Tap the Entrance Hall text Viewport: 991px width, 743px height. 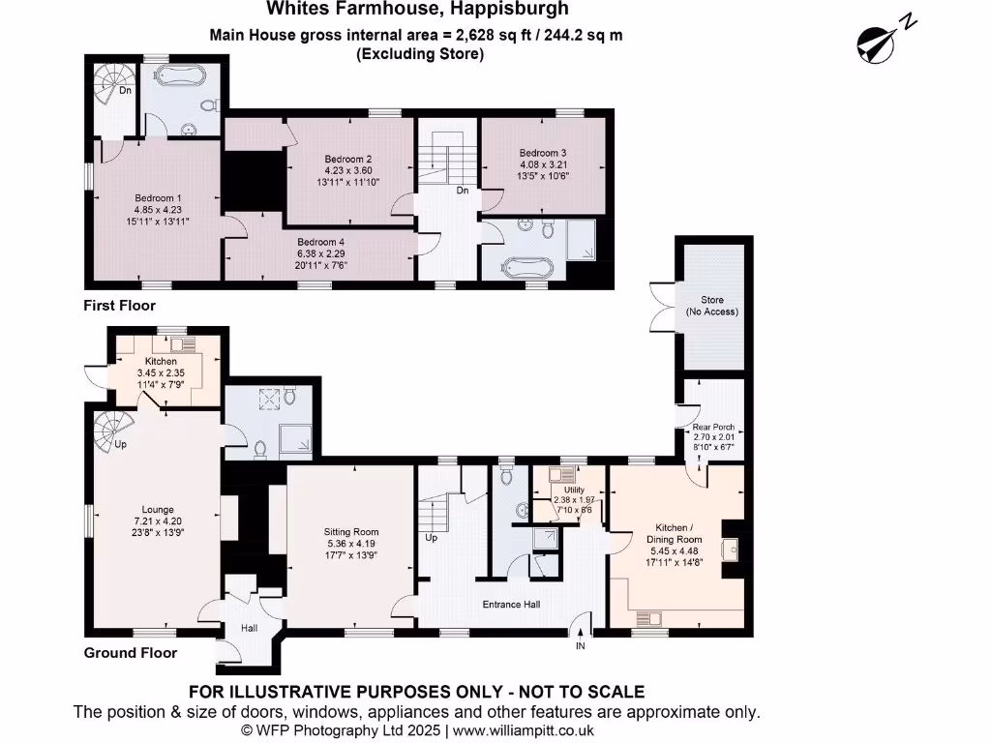pos(511,605)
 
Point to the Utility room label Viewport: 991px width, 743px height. pos(574,490)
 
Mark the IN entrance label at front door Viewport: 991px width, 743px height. pos(581,645)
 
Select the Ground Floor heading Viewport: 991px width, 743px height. pos(130,653)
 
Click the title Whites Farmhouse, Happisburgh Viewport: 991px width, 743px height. pos(417,10)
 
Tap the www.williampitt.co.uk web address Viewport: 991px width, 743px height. pos(520,731)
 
